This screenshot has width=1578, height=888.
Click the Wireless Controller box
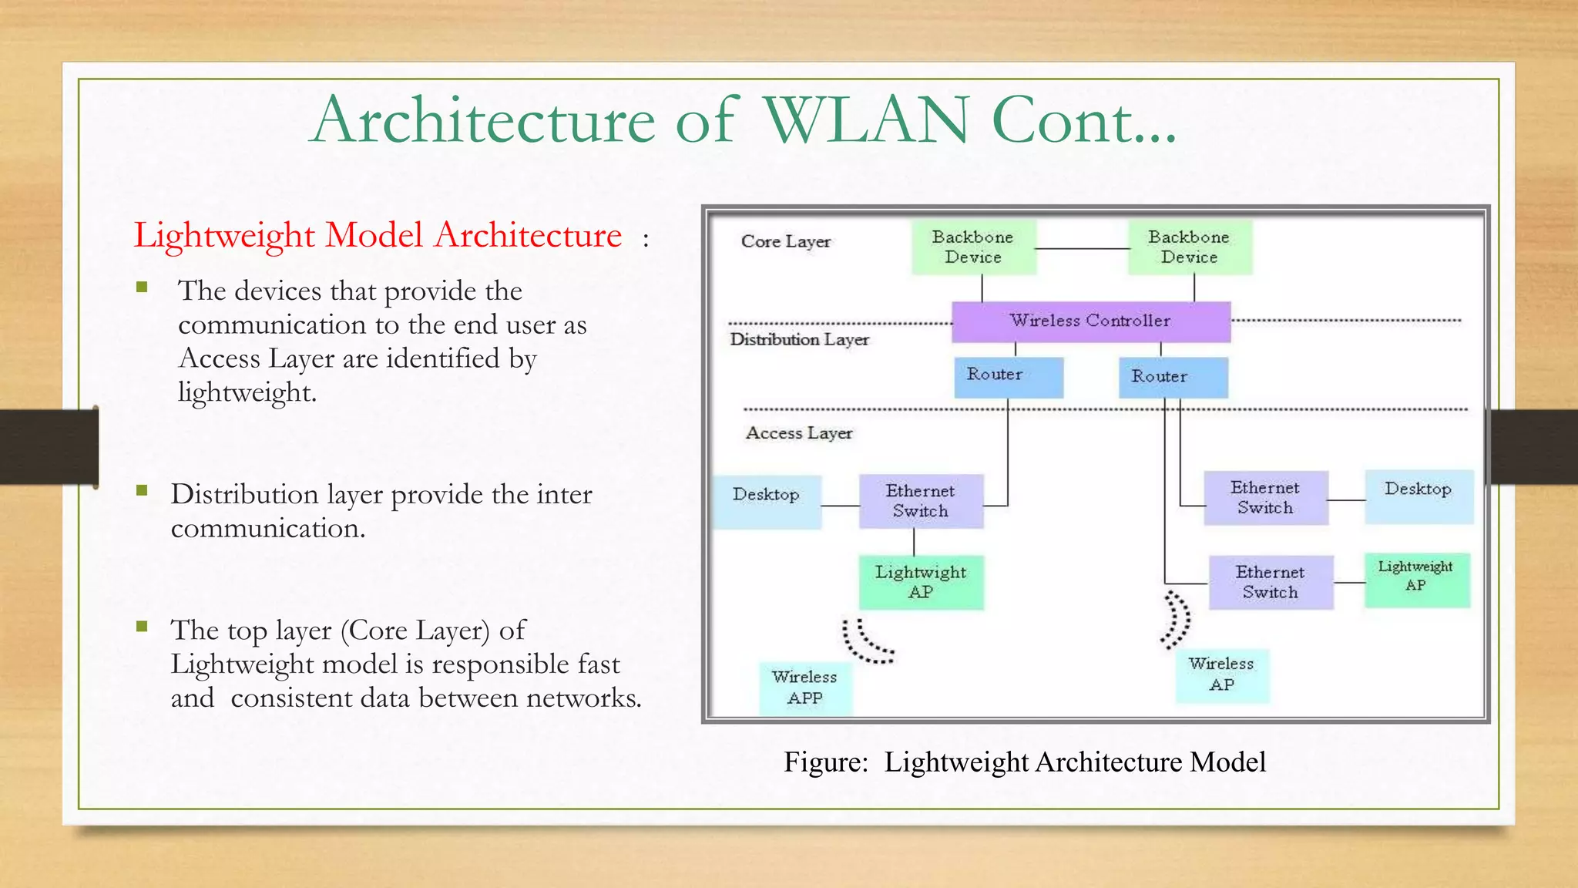tap(1090, 321)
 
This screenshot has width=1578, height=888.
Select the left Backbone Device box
tap(973, 247)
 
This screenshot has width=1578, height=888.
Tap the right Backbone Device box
tap(1190, 247)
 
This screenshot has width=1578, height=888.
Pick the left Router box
tap(1008, 376)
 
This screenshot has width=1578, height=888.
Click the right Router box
tap(1173, 378)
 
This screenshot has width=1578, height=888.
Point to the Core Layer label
tap(785, 241)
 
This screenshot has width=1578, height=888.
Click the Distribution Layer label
tap(799, 339)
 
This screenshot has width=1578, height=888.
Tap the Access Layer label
tap(799, 433)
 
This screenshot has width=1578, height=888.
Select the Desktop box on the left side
tap(766, 501)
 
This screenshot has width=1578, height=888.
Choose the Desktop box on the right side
tap(1419, 496)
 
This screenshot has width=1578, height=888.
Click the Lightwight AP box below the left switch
tap(921, 582)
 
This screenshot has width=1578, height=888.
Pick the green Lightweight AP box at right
tap(1416, 580)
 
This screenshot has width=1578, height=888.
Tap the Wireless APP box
tap(805, 688)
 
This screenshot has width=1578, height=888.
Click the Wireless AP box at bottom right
tap(1221, 675)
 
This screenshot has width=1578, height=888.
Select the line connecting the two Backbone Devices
tap(1082, 248)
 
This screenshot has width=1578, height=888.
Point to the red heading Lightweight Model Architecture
tap(378, 235)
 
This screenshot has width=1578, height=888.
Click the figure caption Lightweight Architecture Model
tap(1074, 762)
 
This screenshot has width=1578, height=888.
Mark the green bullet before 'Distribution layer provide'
tap(142, 490)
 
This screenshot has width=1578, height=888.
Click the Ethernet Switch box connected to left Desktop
tap(921, 501)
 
